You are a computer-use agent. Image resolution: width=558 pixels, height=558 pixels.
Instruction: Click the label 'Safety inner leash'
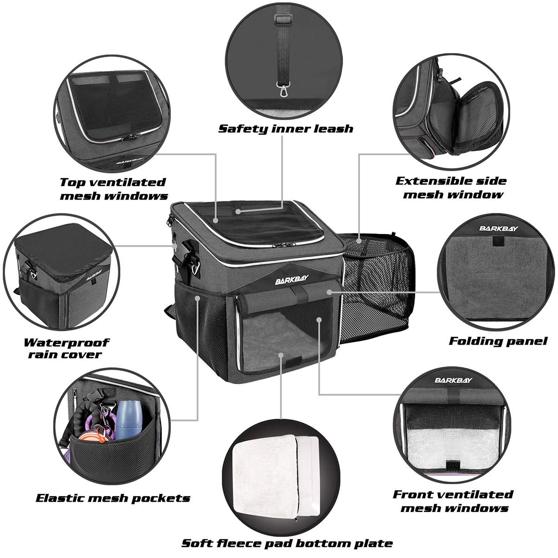point(286,128)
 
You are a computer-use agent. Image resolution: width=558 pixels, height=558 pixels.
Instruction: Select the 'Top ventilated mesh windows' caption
point(113,188)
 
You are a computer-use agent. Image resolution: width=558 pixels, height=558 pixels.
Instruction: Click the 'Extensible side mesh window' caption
point(451,187)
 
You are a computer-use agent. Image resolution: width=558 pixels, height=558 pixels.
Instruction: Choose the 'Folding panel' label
point(498,341)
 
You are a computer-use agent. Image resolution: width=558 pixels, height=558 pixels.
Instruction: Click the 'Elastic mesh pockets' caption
point(113,498)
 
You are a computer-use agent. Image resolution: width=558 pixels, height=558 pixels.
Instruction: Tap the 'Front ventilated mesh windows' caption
point(453,500)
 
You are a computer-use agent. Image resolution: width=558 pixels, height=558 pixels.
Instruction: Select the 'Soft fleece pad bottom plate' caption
point(287,543)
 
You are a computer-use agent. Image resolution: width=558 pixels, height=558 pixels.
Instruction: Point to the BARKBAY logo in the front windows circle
point(453,380)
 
